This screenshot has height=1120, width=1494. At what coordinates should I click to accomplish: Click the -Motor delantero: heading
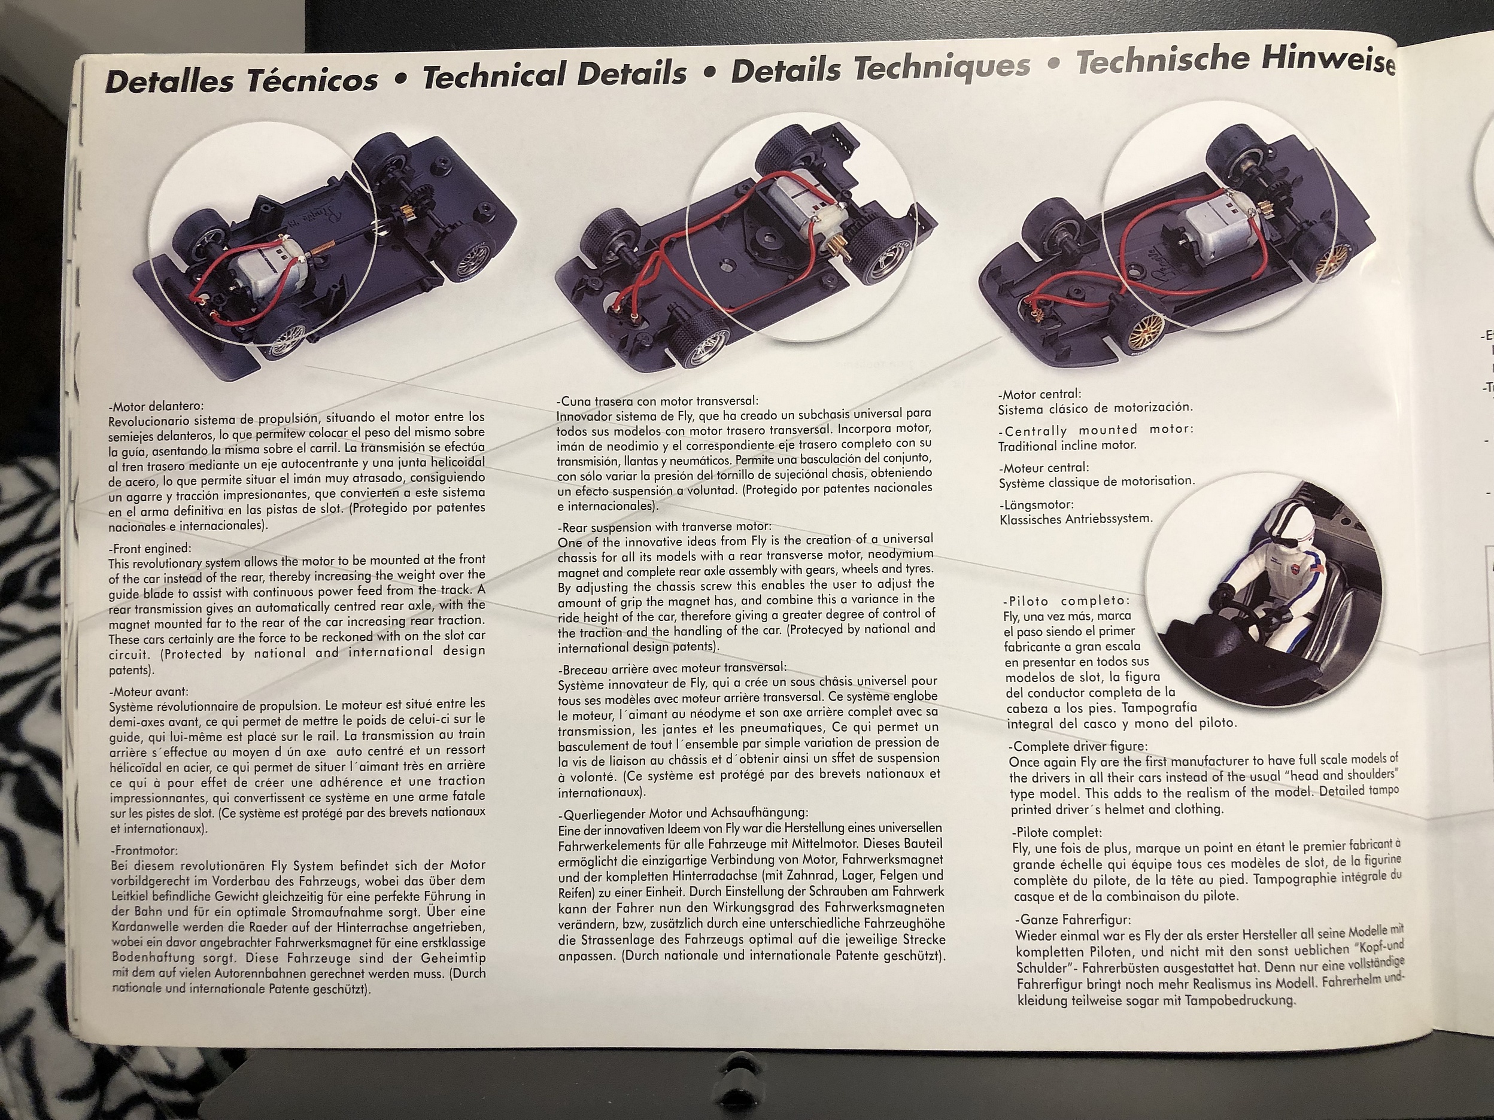coord(156,406)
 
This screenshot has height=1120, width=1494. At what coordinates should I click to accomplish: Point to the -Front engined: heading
coord(150,549)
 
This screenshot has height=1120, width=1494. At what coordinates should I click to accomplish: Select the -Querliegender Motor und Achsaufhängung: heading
coord(684,812)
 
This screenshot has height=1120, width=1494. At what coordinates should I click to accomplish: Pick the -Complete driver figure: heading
coord(1078,747)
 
